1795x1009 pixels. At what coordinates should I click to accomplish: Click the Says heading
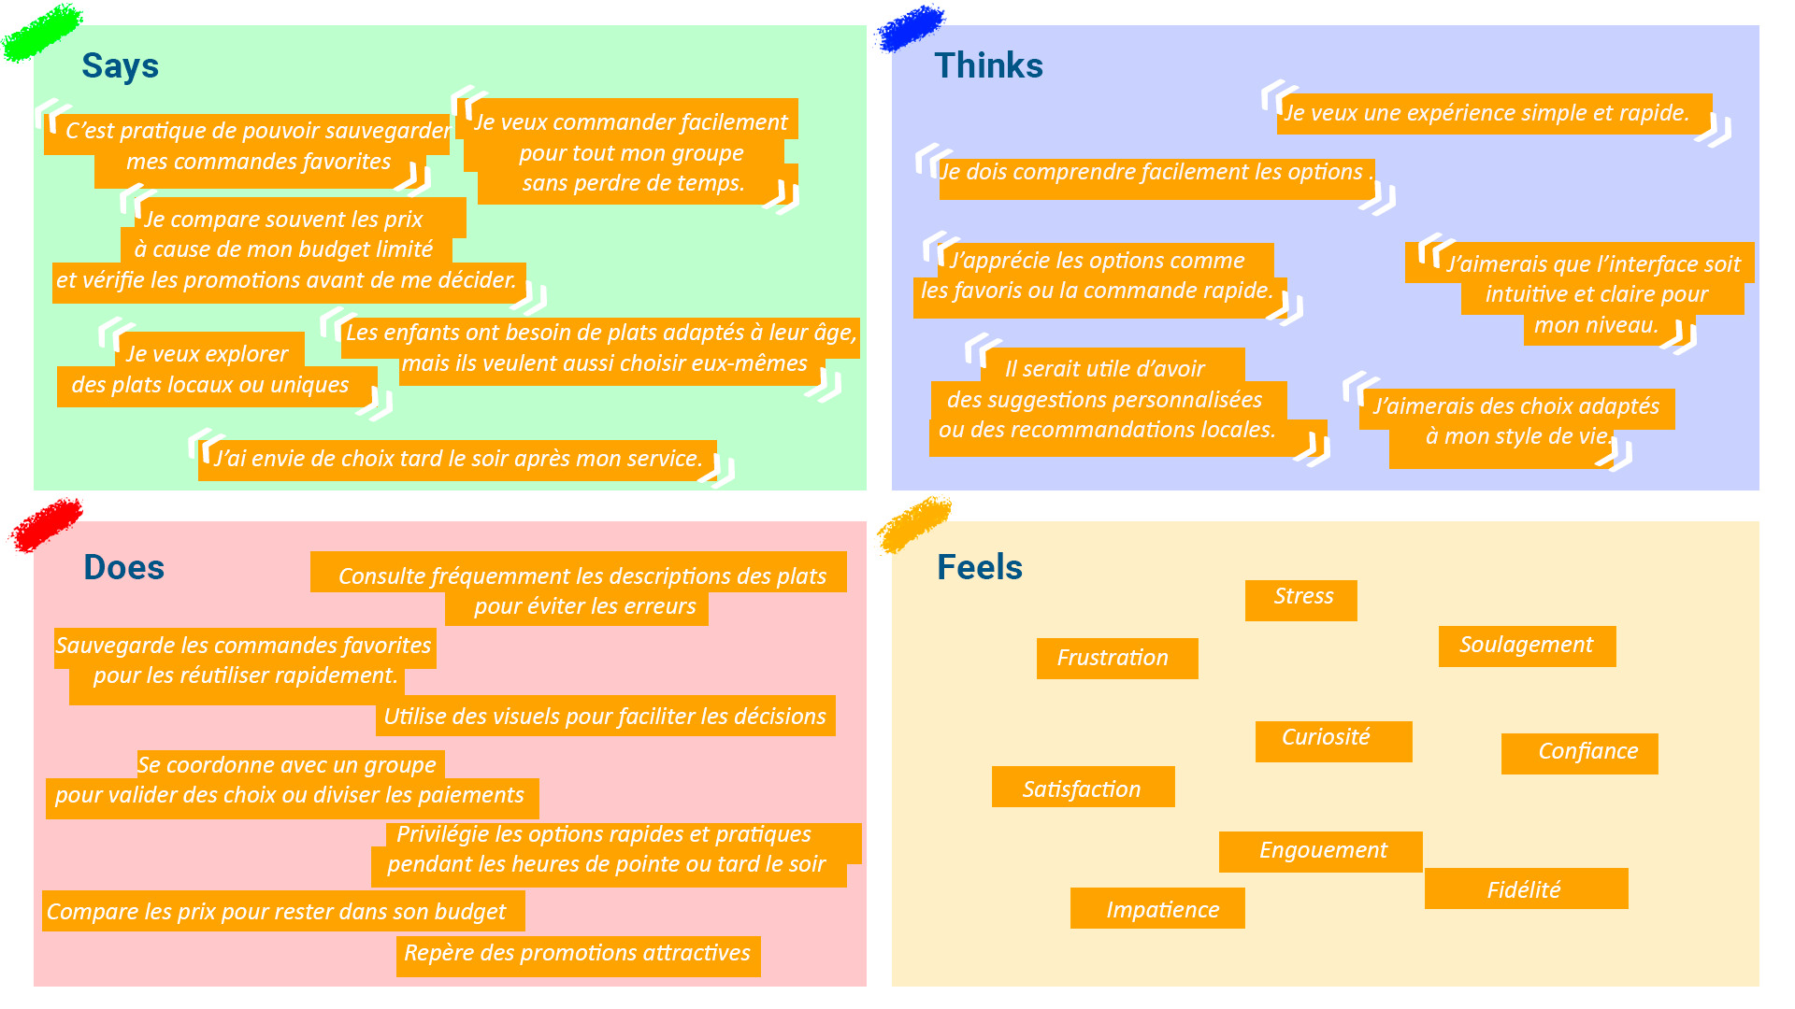point(120,66)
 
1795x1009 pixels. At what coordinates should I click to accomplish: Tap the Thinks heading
point(988,66)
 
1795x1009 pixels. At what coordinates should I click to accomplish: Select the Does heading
point(123,568)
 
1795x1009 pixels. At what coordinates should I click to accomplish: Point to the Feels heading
point(979,568)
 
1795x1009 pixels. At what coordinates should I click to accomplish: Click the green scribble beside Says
point(42,32)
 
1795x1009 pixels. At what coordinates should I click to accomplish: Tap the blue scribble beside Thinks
point(910,27)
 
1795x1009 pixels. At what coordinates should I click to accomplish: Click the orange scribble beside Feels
point(913,523)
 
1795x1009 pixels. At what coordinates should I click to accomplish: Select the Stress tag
point(1301,599)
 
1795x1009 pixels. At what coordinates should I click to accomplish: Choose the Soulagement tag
point(1527,646)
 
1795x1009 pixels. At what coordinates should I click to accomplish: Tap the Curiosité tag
point(1331,740)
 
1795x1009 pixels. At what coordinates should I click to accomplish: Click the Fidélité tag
point(1526,889)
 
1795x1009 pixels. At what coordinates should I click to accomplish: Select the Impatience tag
point(1158,909)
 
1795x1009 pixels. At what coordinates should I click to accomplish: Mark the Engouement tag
point(1321,851)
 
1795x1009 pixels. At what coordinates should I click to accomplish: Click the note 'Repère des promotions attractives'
point(578,955)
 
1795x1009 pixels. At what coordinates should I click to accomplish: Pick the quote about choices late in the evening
point(458,460)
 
